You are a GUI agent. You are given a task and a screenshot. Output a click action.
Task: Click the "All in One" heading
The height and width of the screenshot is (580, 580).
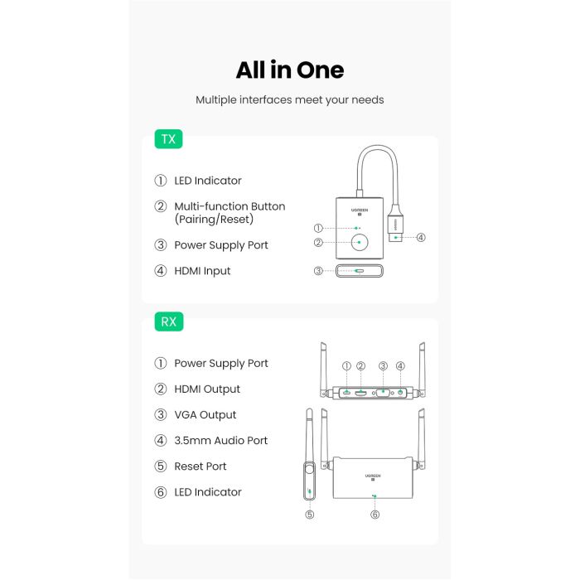289,70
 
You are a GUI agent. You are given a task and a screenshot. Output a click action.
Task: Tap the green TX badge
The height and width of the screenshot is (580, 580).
168,139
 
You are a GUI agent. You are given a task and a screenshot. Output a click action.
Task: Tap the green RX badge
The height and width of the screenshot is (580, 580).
169,321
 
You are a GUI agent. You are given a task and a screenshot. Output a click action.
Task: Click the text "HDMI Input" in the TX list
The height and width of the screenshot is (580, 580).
202,271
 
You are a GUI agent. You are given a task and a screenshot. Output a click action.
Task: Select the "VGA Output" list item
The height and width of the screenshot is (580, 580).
205,415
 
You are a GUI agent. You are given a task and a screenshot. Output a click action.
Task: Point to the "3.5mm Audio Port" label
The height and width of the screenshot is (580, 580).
220,441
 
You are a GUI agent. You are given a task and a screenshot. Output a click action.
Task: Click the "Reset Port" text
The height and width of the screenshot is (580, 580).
200,466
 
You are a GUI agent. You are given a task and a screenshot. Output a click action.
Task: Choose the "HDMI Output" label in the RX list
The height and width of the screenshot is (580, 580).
206,389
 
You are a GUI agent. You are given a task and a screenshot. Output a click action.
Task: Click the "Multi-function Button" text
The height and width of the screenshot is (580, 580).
229,206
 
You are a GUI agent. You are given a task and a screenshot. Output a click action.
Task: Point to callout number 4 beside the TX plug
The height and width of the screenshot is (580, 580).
421,238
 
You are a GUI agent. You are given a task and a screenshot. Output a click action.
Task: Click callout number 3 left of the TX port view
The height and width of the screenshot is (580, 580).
318,271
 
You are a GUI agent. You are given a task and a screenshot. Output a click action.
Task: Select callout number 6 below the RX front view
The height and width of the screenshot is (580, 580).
375,515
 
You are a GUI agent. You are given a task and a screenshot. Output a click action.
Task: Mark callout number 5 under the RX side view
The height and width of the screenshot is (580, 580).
309,515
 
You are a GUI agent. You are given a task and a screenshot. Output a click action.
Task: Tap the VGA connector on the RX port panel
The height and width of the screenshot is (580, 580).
384,393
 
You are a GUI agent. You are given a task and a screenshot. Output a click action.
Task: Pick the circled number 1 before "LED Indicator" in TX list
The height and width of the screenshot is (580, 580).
161,181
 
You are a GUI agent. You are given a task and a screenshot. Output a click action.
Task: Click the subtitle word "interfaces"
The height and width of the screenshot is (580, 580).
271,100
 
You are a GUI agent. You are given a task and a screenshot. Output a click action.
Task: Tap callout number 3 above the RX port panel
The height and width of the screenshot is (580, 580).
383,366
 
